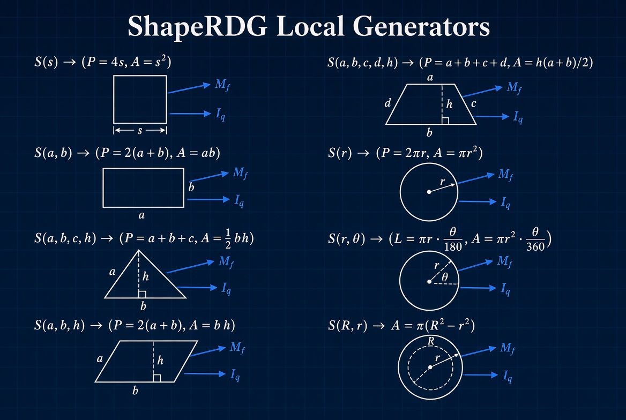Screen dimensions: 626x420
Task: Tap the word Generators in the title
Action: (421, 26)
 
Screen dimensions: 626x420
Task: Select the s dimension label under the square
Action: (140, 131)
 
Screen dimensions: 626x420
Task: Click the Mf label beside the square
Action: (222, 85)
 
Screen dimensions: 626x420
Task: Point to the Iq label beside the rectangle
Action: (239, 200)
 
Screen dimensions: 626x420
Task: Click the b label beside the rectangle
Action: (191, 187)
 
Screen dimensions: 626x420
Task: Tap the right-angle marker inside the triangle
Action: (142, 294)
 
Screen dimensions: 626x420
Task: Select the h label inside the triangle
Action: (146, 276)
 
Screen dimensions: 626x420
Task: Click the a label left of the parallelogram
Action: (100, 358)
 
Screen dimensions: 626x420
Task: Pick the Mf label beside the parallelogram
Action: (237, 348)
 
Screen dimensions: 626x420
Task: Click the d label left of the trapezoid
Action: (387, 103)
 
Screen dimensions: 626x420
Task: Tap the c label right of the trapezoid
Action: (473, 104)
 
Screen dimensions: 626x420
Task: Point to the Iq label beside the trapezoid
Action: (518, 117)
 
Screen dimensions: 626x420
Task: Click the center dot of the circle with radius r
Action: (429, 192)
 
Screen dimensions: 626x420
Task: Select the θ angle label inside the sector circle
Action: (445, 276)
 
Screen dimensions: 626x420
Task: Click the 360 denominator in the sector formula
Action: (535, 247)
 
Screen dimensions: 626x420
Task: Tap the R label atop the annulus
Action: (431, 341)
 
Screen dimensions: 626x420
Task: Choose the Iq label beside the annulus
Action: (508, 376)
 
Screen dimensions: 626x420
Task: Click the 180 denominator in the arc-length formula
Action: (453, 247)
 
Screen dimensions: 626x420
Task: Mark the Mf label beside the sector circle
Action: (505, 261)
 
